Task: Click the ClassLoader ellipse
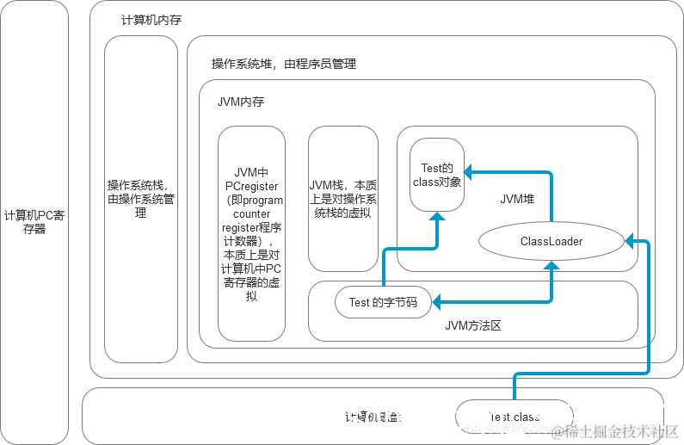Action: [x=551, y=241]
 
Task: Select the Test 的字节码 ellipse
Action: [x=383, y=302]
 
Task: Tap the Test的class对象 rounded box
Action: [x=437, y=175]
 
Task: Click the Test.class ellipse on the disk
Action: [x=514, y=417]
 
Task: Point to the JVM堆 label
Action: [x=517, y=199]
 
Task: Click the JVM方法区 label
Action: [x=472, y=325]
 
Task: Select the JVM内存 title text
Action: [x=241, y=102]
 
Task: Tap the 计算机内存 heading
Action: [x=152, y=20]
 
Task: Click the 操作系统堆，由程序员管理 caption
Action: [x=284, y=64]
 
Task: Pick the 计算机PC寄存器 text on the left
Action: [x=34, y=222]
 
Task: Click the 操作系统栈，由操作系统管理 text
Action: [x=140, y=199]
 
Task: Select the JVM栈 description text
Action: [x=342, y=199]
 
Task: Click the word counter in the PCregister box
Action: [x=250, y=213]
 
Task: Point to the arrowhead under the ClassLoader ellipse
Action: [x=552, y=266]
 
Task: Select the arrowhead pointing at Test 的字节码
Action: [x=437, y=302]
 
